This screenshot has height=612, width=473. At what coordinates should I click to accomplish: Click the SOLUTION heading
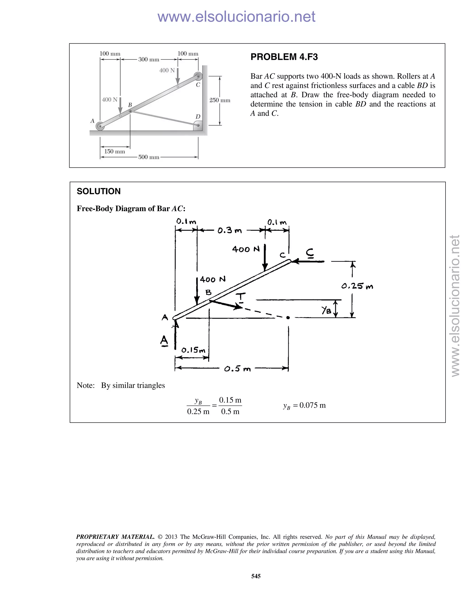point(99,191)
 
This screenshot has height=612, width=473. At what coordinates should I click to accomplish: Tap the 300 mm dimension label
point(149,59)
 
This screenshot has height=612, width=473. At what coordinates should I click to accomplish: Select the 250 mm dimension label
point(220,100)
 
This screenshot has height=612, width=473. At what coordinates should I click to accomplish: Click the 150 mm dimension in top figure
point(115,151)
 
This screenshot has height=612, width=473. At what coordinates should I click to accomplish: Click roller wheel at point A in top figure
point(100,126)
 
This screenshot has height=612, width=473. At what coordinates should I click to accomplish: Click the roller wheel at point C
point(198,76)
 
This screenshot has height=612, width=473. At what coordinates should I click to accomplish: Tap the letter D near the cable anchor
point(198,117)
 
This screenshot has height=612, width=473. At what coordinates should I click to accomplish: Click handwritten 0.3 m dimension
point(230,231)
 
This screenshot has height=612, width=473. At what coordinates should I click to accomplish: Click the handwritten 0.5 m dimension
point(237,369)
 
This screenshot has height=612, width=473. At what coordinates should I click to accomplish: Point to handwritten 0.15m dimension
point(193,350)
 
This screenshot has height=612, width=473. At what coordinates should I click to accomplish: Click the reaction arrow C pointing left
point(307,261)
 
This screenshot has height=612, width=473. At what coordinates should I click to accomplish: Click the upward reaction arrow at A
point(176,335)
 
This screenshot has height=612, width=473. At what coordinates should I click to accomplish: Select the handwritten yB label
point(326,310)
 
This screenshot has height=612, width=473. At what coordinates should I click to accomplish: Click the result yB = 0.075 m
point(304,406)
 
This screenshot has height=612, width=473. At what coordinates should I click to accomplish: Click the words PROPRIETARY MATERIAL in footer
point(115,537)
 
